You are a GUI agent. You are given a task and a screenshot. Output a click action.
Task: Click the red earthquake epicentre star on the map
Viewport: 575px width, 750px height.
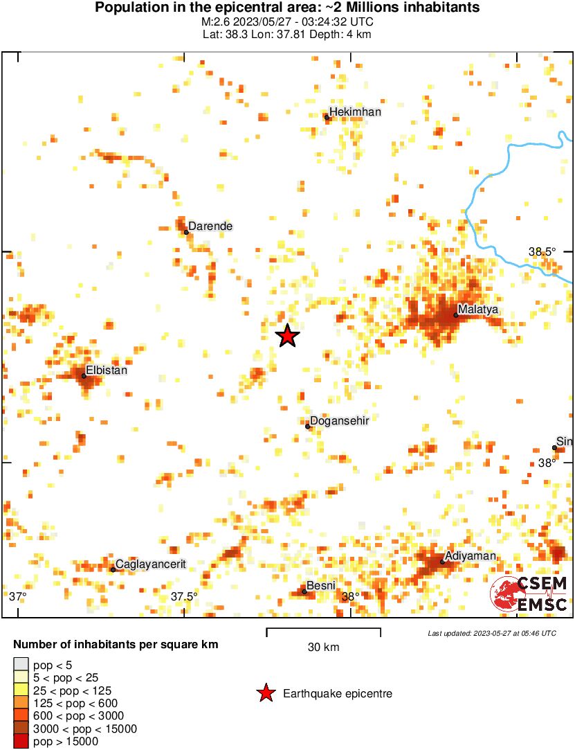pyautogui.click(x=288, y=336)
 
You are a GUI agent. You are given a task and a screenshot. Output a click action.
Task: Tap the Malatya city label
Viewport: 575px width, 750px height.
pyautogui.click(x=478, y=310)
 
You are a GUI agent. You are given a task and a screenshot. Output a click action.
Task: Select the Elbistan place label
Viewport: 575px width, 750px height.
pyautogui.click(x=107, y=370)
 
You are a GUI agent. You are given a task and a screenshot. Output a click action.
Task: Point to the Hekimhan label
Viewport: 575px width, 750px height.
pyautogui.click(x=355, y=112)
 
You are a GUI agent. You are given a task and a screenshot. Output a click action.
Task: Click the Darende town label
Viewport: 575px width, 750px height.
pyautogui.click(x=210, y=226)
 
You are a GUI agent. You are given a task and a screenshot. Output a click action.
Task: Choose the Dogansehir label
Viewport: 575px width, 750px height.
pyautogui.click(x=339, y=420)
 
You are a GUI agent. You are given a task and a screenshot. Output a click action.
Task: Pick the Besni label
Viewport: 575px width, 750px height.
pyautogui.click(x=321, y=586)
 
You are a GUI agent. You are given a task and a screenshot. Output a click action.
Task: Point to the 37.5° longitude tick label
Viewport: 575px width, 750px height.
pyautogui.click(x=185, y=596)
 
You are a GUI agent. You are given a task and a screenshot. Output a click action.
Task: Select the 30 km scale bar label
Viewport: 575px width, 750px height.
pyautogui.click(x=323, y=648)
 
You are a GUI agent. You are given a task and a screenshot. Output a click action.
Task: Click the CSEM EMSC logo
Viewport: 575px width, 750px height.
pyautogui.click(x=529, y=594)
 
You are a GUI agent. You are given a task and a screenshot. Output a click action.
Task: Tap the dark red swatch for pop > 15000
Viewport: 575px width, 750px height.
pyautogui.click(x=21, y=742)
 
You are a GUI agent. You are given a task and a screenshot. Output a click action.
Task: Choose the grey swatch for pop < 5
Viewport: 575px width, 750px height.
pyautogui.click(x=21, y=665)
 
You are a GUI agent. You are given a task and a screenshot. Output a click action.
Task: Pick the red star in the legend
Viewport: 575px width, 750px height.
pyautogui.click(x=265, y=693)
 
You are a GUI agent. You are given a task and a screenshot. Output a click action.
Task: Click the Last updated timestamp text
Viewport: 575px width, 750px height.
pyautogui.click(x=491, y=633)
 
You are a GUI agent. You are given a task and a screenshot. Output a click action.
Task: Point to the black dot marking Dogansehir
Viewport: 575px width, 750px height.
pyautogui.click(x=308, y=426)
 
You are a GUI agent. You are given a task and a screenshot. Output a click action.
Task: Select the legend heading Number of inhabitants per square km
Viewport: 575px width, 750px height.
pyautogui.click(x=116, y=645)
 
